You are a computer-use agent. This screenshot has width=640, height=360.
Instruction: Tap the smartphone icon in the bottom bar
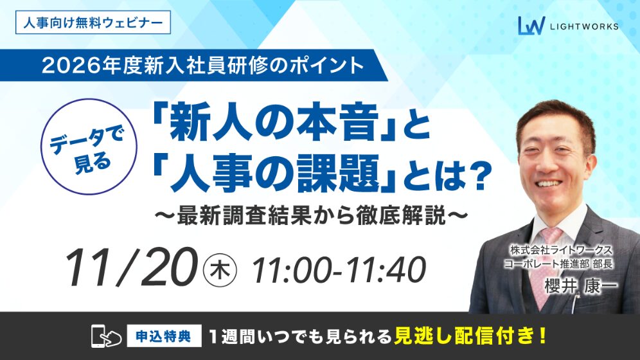(103, 335)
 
